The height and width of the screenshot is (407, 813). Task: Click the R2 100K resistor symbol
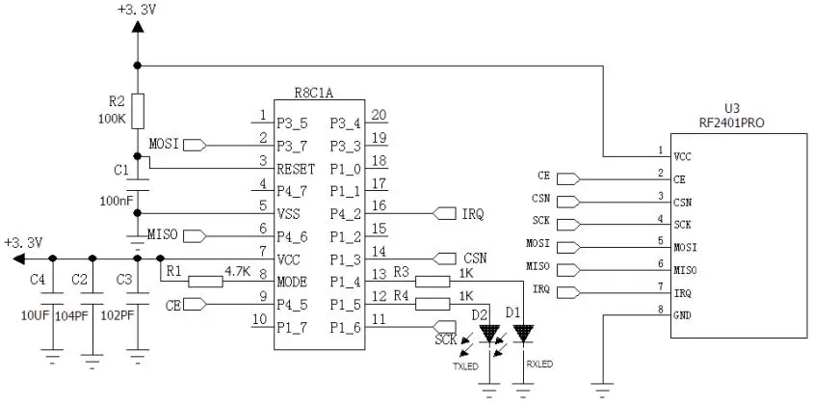pyautogui.click(x=138, y=108)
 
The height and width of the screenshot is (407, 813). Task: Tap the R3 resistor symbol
pyautogui.click(x=433, y=282)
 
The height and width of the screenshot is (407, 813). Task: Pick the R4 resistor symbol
pyautogui.click(x=433, y=305)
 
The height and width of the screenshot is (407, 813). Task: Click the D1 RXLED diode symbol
pyautogui.click(x=523, y=335)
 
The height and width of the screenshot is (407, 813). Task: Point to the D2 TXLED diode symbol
pyautogui.click(x=491, y=335)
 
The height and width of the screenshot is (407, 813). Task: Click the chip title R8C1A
pyautogui.click(x=314, y=93)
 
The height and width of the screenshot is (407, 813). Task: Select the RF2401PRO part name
pyautogui.click(x=732, y=122)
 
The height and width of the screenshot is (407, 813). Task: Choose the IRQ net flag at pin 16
pyautogui.click(x=450, y=212)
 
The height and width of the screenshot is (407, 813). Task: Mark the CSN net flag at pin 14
pyautogui.click(x=449, y=258)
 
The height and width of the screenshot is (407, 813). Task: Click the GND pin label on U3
pyautogui.click(x=682, y=315)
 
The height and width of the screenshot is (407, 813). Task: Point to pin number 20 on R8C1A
pyautogui.click(x=380, y=115)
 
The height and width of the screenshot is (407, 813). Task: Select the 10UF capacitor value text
pyautogui.click(x=35, y=315)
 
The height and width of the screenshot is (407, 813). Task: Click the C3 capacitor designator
pyautogui.click(x=122, y=279)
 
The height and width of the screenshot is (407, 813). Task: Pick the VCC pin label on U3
pyautogui.click(x=682, y=155)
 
